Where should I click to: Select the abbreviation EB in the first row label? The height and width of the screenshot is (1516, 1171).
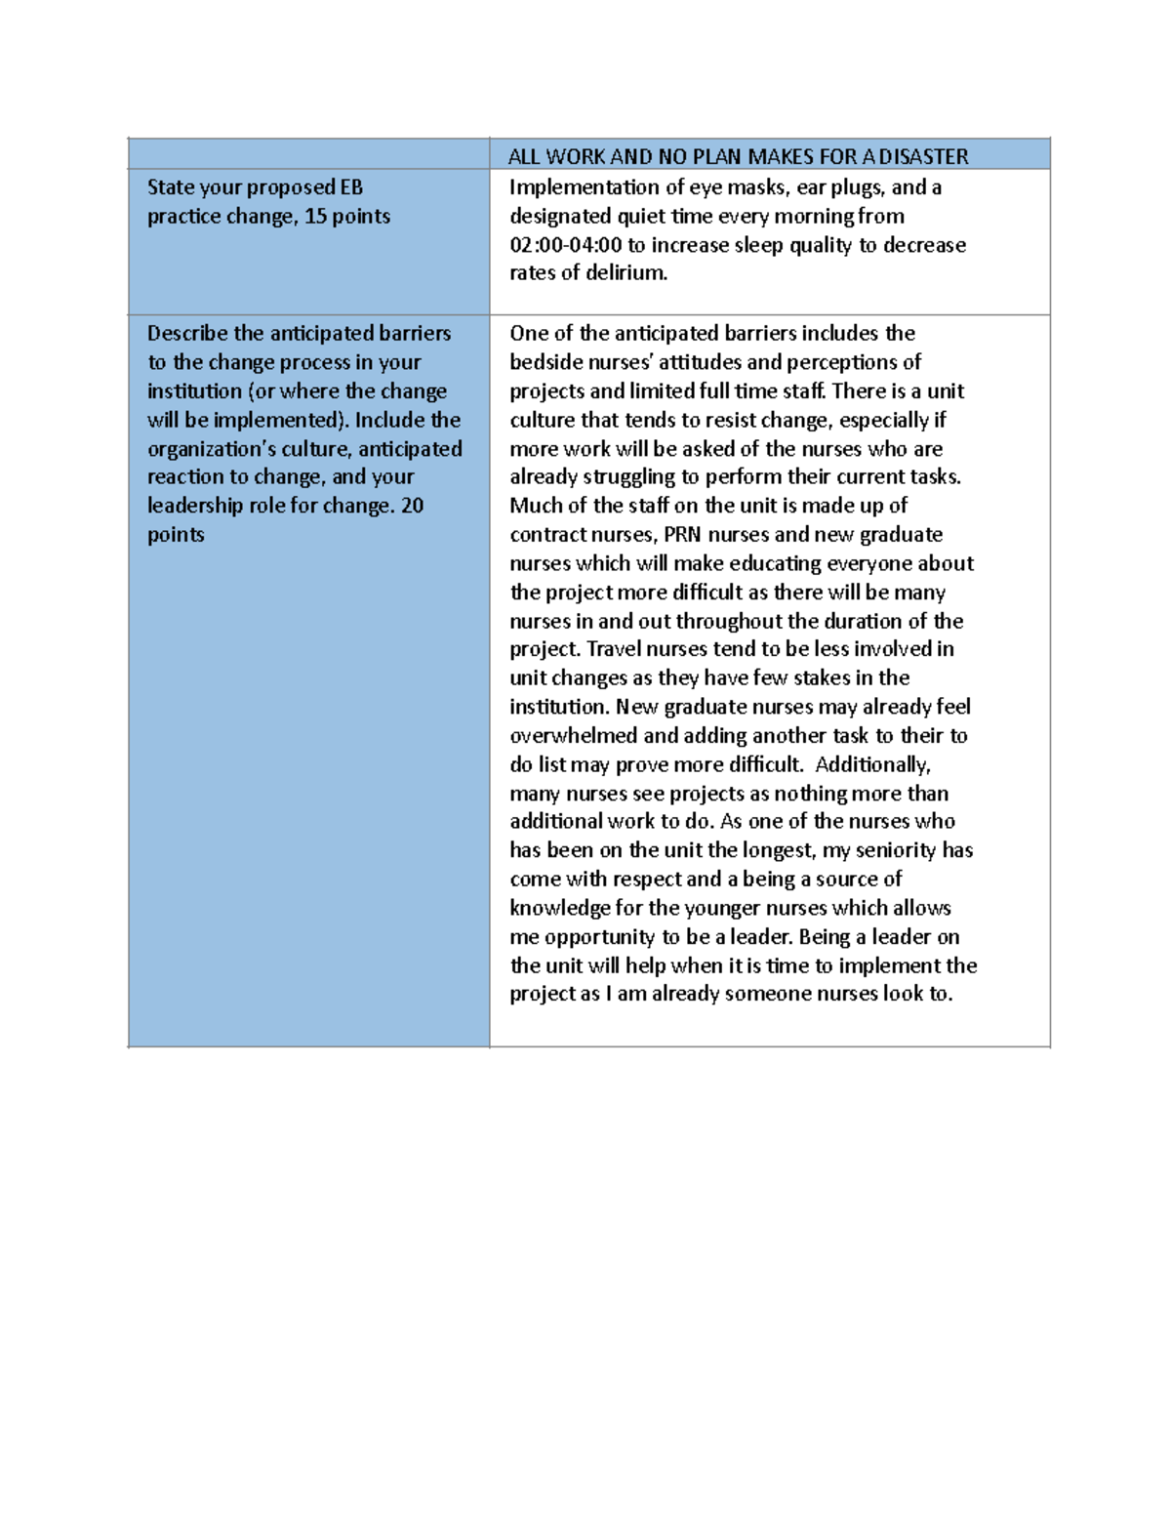[x=351, y=187]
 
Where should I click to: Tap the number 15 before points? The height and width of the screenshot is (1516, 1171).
[x=315, y=217]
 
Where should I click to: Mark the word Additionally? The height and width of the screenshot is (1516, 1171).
[x=872, y=764]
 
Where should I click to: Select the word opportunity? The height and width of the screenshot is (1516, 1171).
[x=599, y=937]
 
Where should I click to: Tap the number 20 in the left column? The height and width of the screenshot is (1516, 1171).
[x=413, y=506]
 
